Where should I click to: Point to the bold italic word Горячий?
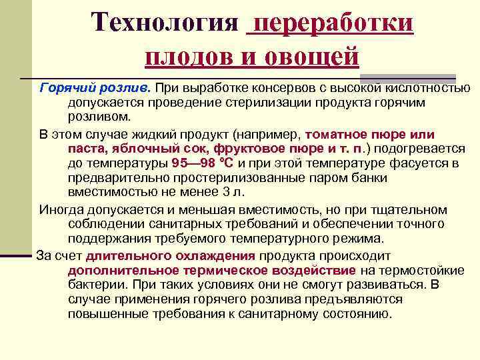point(64,88)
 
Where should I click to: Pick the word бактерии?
point(93,284)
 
